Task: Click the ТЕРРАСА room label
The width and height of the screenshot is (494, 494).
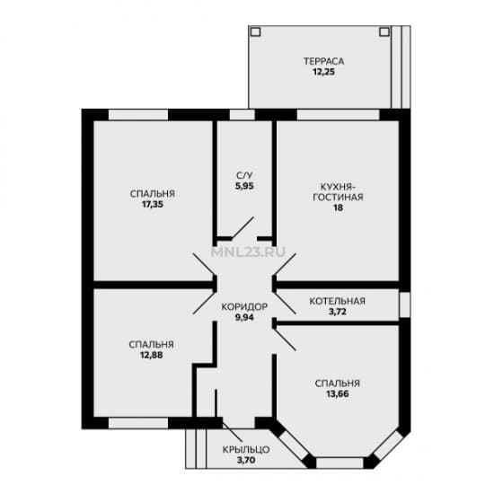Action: click(323, 61)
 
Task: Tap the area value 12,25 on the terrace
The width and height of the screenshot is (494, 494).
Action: click(323, 72)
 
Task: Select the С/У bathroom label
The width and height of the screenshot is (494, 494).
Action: click(244, 175)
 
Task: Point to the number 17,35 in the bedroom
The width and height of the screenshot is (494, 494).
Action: click(153, 204)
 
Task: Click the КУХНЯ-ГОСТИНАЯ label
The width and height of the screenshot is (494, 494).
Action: click(338, 192)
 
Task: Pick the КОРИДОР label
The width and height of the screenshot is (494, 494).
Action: click(244, 306)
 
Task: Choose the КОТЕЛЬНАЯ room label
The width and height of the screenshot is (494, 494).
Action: click(338, 301)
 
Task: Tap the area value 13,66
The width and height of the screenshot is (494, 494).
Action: click(338, 393)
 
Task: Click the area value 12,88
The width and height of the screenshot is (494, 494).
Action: click(152, 355)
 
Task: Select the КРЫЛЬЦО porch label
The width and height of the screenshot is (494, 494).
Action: click(246, 450)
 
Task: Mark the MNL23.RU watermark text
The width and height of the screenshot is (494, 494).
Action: click(249, 251)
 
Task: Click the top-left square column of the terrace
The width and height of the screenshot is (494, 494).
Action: click(255, 31)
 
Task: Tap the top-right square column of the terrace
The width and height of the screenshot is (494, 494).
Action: click(384, 31)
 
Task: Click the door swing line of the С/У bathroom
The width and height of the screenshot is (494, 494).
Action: click(243, 227)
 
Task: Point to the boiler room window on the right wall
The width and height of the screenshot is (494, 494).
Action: click(405, 304)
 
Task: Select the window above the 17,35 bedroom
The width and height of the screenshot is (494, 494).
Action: click(138, 115)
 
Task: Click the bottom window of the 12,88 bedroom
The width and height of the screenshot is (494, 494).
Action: click(138, 423)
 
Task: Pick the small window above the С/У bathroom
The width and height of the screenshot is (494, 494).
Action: click(242, 115)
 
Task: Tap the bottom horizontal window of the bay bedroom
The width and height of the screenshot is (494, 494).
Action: click(340, 463)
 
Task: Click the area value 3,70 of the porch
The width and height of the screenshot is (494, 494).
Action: click(246, 460)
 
